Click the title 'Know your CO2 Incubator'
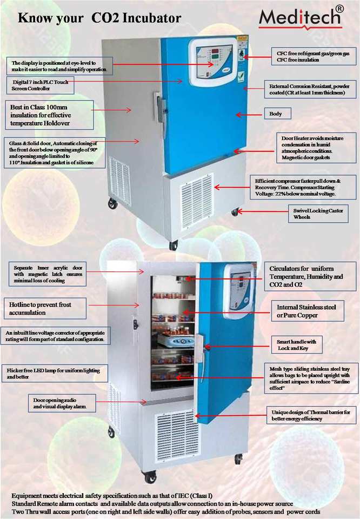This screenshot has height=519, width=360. pos(99,18)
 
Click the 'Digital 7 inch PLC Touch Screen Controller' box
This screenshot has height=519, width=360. pos(41,84)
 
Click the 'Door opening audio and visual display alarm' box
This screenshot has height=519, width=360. pos(63,402)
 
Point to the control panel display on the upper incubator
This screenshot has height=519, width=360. pos(213,58)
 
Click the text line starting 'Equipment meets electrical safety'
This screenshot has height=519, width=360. pos(112,496)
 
